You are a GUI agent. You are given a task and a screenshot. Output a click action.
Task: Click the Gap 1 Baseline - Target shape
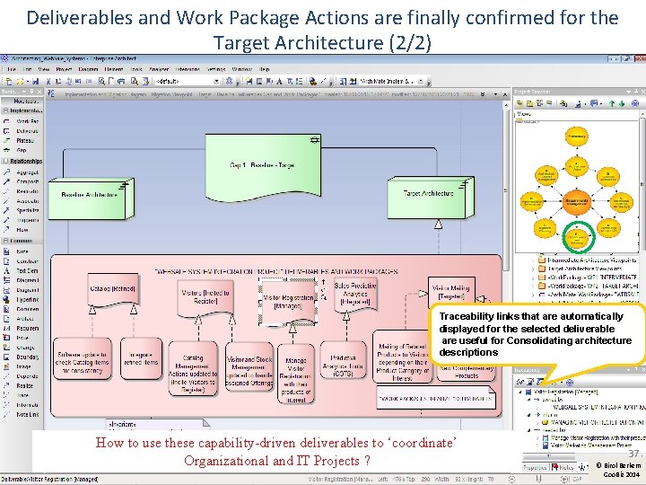pyautogui.click(x=262, y=165)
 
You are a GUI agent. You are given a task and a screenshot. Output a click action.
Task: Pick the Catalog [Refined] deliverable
pyautogui.click(x=112, y=289)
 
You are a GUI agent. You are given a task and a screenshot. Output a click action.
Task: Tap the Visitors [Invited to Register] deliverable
pyautogui.click(x=205, y=297)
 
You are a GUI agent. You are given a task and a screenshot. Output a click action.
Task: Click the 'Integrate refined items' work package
pyautogui.click(x=140, y=360)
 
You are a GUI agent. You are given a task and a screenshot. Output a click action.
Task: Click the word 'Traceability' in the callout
pyautogui.click(x=465, y=317)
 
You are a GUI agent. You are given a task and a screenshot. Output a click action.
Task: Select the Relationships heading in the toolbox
pyautogui.click(x=27, y=162)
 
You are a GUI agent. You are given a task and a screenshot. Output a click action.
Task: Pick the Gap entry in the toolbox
pyautogui.click(x=22, y=150)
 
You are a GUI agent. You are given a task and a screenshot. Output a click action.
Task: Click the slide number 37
pyautogui.click(x=632, y=454)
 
